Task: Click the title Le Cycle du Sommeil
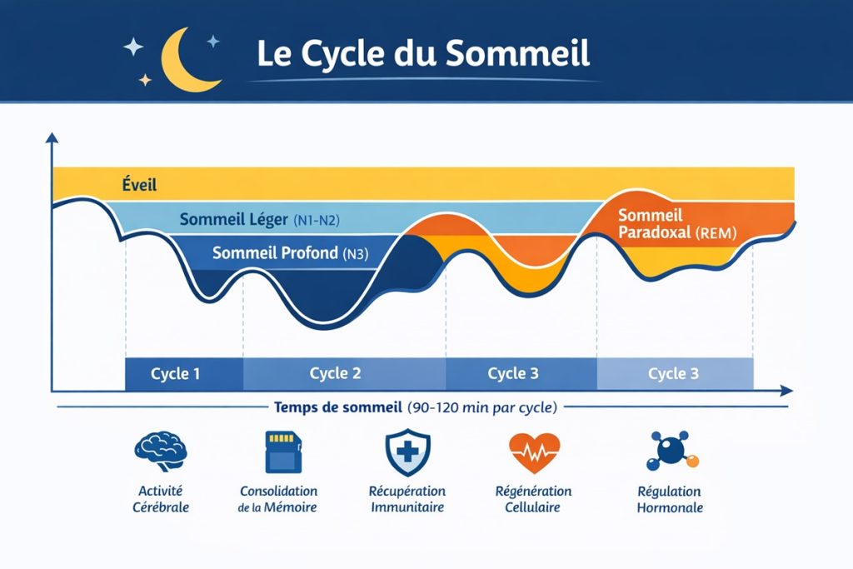tap(422, 52)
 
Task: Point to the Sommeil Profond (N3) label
tap(290, 253)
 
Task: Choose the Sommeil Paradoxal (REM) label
tap(677, 225)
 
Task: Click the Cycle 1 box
tap(176, 373)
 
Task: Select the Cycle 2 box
tap(335, 373)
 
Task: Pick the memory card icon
tap(278, 452)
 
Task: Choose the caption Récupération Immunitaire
tap(407, 499)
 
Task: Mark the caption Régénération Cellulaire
tap(532, 499)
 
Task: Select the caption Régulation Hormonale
tap(669, 499)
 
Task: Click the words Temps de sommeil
tap(338, 408)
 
